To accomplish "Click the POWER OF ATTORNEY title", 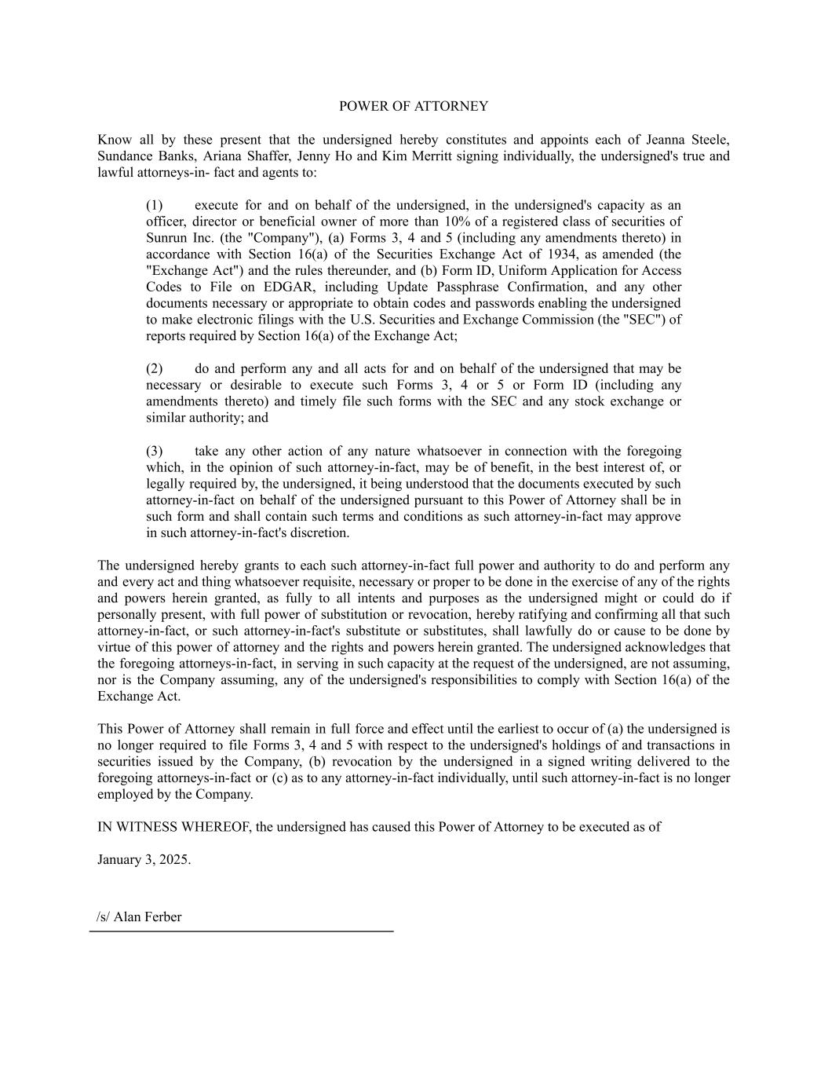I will point(413,106).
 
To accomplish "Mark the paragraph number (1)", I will point(154,206).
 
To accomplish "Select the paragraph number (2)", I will point(154,368).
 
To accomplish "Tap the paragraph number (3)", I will point(154,451).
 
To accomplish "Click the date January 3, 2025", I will point(144,859).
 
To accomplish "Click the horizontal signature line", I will point(241,931).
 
